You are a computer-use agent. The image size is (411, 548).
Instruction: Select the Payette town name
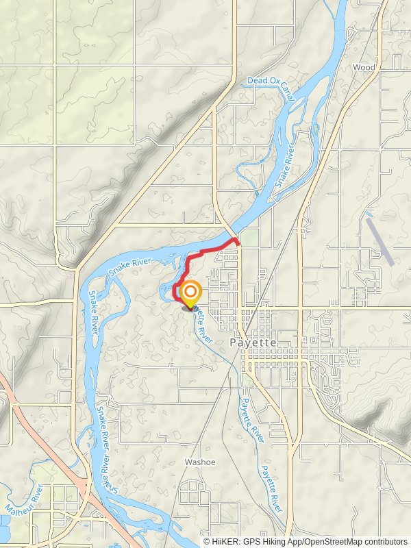click(253, 342)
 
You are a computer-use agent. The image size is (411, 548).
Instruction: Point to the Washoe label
click(199, 462)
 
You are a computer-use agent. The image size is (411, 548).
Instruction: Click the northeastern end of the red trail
click(237, 240)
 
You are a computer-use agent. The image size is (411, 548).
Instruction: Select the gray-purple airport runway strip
click(379, 241)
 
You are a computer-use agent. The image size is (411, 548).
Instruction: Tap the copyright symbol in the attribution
click(207, 541)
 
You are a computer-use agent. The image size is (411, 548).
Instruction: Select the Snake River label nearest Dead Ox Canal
click(284, 168)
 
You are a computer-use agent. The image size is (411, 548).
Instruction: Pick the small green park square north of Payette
click(249, 238)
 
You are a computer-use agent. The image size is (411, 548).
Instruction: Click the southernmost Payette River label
click(271, 489)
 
